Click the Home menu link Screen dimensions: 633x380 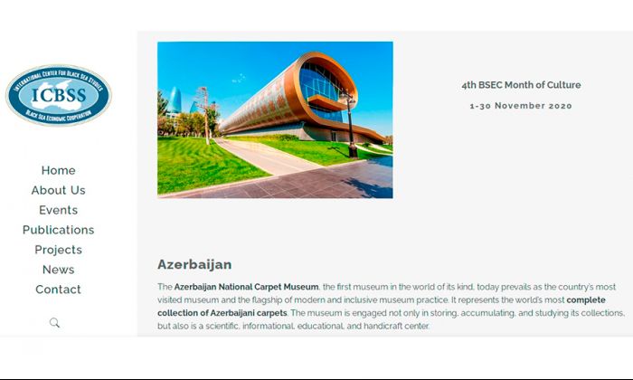pos(58,170)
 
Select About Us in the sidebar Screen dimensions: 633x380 pos(58,190)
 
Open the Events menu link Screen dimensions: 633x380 pos(58,210)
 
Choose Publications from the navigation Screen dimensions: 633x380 pos(58,230)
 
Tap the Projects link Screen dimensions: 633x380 pos(58,250)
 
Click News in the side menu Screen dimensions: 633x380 pos(58,270)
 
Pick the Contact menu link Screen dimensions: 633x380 pos(58,290)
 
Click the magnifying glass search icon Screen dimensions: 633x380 pos(54,323)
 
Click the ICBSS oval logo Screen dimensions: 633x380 pos(59,95)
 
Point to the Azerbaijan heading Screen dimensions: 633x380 pos(194,264)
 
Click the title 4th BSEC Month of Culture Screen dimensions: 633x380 pos(521,85)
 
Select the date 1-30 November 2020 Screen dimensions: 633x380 pos(521,106)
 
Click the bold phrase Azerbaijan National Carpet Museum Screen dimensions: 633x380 pos(246,287)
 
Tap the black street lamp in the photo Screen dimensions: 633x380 pos(351,125)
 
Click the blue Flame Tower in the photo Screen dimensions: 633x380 pos(175,100)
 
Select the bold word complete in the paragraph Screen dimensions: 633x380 pos(586,300)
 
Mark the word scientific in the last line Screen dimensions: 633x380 pos(222,326)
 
